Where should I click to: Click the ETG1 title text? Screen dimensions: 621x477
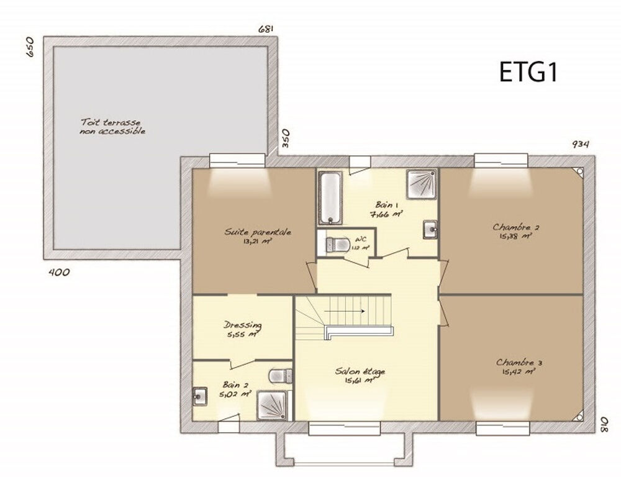click(x=528, y=72)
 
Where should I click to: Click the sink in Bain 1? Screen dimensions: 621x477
click(x=430, y=229)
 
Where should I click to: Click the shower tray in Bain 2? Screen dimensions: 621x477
click(x=273, y=406)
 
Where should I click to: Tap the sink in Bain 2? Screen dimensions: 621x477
click(x=200, y=396)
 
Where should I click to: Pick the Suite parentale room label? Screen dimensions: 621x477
click(x=258, y=232)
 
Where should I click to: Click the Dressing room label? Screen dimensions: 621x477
click(x=242, y=325)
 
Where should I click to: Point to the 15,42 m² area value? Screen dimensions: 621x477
click(x=519, y=372)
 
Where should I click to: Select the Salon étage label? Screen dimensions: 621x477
click(x=360, y=371)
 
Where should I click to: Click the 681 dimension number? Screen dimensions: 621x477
click(x=266, y=29)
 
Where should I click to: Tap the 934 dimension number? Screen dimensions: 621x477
click(x=581, y=144)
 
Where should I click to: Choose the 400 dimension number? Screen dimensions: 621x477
click(x=58, y=272)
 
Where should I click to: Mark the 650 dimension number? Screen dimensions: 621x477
click(x=30, y=48)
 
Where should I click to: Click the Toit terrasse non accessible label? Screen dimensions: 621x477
click(x=112, y=126)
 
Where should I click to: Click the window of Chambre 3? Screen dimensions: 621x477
click(x=502, y=429)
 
